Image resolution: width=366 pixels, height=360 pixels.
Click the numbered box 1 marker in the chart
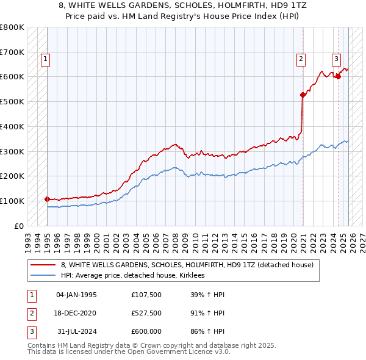46,59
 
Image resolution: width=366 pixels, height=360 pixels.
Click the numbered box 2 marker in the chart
301,59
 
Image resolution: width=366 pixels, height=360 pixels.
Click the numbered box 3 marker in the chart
336,59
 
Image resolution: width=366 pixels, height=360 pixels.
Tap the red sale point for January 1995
47,199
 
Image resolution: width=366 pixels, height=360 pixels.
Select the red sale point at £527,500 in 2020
303,95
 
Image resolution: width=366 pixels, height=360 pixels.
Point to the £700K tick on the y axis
12,52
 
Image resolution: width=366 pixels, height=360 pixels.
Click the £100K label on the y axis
12,201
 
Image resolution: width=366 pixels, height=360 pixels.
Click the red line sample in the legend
43,265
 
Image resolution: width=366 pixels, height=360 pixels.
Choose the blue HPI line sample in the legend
43,276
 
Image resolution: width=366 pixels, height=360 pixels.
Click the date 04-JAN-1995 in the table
76,295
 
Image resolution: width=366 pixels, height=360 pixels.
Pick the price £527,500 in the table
146,313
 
